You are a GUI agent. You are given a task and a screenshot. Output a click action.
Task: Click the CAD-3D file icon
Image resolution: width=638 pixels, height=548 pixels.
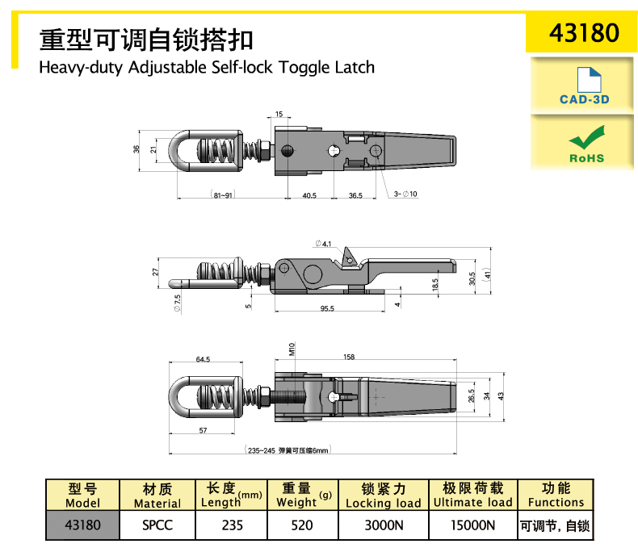(x=589, y=80)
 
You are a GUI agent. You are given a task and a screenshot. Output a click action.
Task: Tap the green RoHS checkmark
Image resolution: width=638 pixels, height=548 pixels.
(x=586, y=137)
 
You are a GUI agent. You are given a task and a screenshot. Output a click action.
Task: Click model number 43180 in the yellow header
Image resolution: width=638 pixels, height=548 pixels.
(x=584, y=32)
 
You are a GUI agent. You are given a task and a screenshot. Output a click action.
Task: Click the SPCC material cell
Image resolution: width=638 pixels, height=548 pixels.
(x=157, y=525)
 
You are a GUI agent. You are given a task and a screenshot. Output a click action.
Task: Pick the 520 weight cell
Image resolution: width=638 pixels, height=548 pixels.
(x=302, y=525)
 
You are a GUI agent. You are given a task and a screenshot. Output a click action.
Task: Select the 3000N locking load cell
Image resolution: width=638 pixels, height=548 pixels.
(x=384, y=525)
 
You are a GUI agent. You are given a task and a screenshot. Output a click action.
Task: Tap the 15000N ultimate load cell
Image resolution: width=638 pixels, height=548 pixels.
(x=472, y=525)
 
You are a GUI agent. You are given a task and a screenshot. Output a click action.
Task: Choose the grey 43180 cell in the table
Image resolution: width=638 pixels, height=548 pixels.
(x=82, y=525)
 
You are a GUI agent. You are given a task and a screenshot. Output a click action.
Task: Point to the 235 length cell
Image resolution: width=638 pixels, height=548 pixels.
(x=232, y=525)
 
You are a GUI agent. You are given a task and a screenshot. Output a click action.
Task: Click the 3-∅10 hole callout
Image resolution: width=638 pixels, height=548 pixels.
(x=405, y=194)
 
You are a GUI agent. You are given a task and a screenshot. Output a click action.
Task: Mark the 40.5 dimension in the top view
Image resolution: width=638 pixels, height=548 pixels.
(x=309, y=195)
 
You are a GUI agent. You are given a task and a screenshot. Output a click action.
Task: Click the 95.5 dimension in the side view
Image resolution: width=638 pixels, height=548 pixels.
(x=327, y=308)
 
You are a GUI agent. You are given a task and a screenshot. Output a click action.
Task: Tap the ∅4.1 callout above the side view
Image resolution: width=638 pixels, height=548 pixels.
(x=323, y=244)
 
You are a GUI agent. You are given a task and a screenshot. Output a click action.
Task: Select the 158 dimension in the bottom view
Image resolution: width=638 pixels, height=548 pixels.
(x=349, y=357)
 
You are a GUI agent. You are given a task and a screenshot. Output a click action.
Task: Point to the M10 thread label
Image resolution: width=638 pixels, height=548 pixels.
(x=292, y=349)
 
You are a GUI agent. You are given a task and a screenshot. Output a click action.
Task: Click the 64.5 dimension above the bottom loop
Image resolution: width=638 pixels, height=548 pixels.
(x=203, y=359)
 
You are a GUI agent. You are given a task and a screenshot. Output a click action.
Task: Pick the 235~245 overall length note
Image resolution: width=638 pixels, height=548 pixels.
(x=288, y=450)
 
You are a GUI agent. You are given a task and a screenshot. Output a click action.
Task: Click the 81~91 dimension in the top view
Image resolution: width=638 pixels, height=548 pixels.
(x=223, y=195)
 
